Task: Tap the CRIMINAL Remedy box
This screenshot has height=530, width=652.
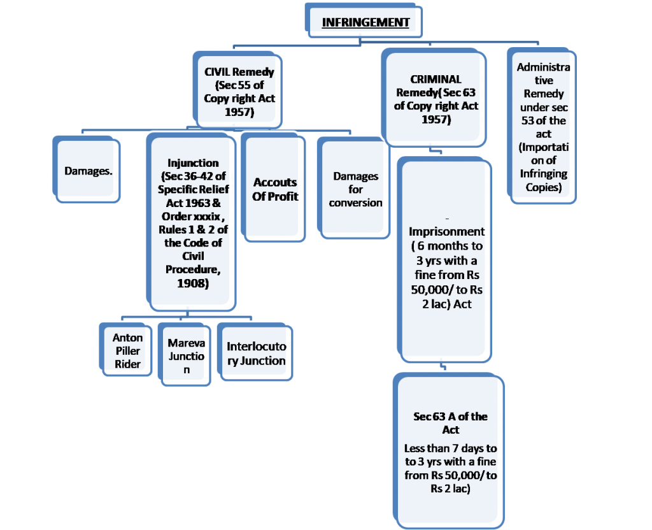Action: [436, 99]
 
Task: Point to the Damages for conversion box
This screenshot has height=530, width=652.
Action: [355, 189]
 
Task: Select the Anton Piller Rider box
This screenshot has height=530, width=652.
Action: [127, 350]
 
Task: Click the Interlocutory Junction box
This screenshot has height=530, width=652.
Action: [256, 354]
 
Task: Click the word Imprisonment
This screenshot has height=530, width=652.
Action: [446, 231]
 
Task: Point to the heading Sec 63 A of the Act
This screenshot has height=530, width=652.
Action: [450, 423]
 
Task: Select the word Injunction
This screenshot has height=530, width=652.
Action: [193, 162]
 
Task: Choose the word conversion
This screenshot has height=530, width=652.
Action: [356, 203]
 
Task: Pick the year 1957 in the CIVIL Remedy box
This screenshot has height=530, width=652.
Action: [239, 112]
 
